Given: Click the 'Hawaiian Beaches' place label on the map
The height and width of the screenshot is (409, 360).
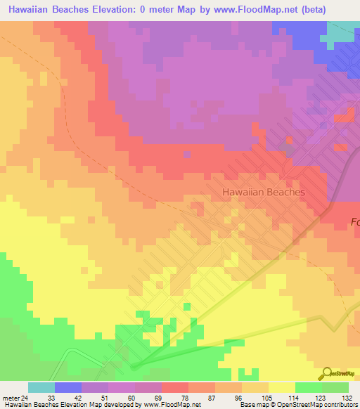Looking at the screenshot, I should pos(273,191).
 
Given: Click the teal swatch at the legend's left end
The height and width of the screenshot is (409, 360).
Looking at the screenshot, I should pos(41,387).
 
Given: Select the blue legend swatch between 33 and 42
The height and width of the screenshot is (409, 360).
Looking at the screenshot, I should pos(67,387).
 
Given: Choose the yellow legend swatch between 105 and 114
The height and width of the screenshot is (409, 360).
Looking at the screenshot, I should pos(281,387).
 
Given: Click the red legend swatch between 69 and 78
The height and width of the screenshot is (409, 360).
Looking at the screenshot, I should pos(174,387).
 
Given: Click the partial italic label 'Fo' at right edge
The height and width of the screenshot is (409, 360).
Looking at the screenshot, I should pos(354,222).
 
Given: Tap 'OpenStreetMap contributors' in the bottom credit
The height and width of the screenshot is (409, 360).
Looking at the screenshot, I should pos(309,405).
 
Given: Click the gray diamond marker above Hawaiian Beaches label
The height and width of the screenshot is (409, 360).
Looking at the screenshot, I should pos(287,148).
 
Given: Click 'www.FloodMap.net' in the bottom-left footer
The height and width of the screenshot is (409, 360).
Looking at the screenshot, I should pos(172,405).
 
